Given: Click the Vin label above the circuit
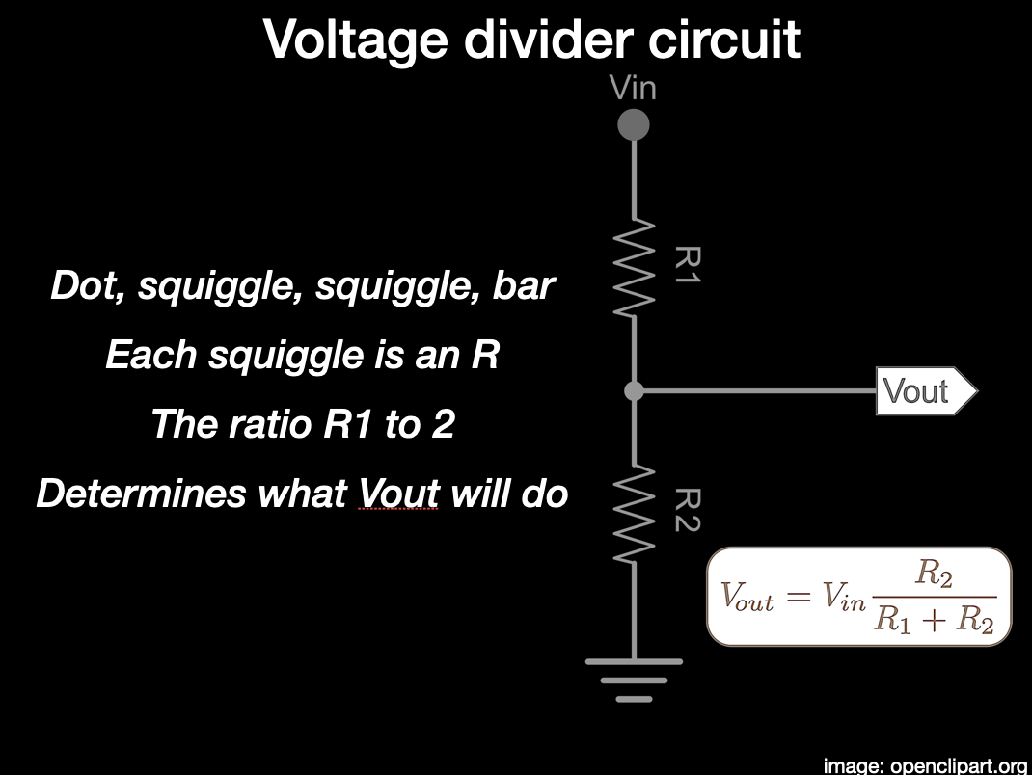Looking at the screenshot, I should click(x=633, y=89).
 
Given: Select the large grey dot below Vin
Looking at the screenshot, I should click(x=633, y=124).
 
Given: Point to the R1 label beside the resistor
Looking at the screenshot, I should click(x=688, y=266).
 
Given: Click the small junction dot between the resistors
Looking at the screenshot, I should click(x=634, y=390).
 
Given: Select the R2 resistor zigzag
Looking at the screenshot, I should click(x=634, y=511).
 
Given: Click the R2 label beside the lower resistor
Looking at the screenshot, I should click(x=688, y=510).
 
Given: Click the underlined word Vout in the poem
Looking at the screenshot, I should click(x=398, y=494).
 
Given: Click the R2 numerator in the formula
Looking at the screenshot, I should click(x=934, y=575).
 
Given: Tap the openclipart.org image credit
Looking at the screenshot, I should click(x=925, y=765).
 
